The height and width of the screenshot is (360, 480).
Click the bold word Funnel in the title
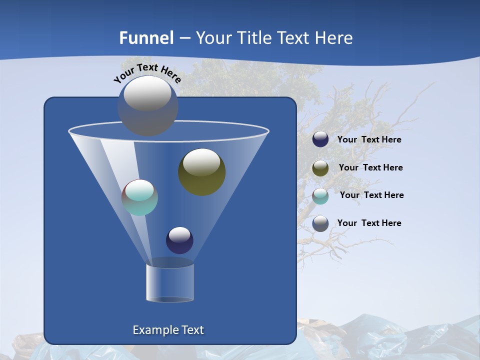[146, 38]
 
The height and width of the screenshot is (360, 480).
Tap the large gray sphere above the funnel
[147, 105]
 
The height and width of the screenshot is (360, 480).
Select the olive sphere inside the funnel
[201, 172]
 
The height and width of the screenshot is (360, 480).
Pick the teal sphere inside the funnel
[139, 197]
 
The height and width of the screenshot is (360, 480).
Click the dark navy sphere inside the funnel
[179, 240]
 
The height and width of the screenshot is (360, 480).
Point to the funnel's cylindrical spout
[170, 283]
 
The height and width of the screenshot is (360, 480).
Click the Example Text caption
[168, 330]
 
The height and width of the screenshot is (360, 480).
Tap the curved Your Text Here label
[147, 73]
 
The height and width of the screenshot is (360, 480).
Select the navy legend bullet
[320, 139]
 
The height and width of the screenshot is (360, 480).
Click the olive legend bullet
[320, 168]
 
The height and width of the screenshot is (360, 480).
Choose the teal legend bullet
[320, 196]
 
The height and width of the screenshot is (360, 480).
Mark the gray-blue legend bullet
[320, 223]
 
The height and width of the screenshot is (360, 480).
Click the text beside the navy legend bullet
[369, 140]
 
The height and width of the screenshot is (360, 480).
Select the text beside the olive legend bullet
[370, 168]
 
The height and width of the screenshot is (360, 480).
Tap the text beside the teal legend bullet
[371, 195]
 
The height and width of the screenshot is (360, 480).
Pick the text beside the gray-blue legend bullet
[369, 223]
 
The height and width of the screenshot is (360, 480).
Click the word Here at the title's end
[334, 38]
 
